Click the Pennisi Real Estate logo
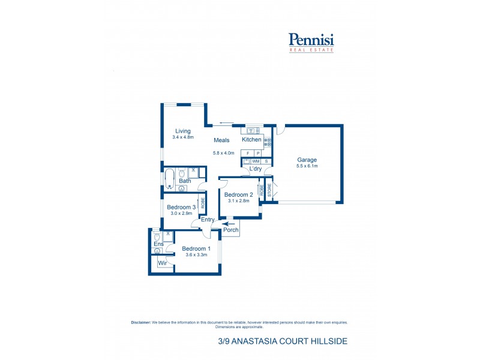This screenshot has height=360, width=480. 311,42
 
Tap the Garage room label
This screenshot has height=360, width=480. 307,160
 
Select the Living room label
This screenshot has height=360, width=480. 182,131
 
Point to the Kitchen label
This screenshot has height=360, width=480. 251,140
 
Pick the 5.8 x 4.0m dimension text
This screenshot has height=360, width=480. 223,153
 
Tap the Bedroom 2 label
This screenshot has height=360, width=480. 239,194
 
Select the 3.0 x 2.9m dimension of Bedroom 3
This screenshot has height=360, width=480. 181,214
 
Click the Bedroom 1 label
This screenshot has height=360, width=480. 196,248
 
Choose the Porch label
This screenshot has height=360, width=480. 231,230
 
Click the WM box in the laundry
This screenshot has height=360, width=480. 256,161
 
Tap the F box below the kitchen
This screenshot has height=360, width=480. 247,154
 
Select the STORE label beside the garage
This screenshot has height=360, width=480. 269,190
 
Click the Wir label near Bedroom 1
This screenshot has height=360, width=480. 162,263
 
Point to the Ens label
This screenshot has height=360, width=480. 158,244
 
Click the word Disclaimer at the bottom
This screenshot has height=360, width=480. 141,322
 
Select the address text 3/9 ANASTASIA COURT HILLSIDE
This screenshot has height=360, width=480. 283,341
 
